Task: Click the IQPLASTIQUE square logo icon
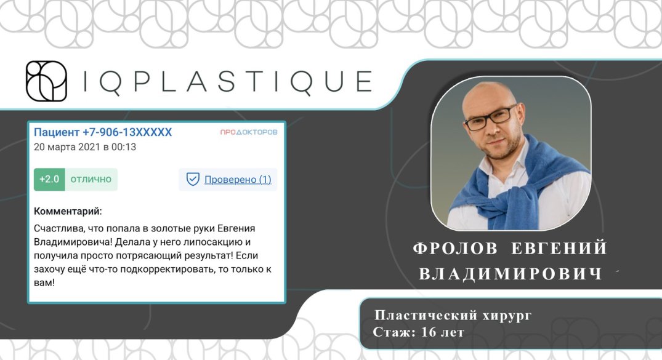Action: click(46, 81)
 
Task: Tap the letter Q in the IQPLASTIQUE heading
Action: click(111, 82)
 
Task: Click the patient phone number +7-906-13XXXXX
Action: click(127, 132)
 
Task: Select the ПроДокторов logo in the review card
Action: click(249, 132)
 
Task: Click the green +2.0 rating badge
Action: click(49, 179)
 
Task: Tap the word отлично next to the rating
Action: click(91, 179)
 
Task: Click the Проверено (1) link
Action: click(238, 179)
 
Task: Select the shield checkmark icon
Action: click(193, 179)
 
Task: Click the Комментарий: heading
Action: click(68, 211)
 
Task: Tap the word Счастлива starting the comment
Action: click(55, 229)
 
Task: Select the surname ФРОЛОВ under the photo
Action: click(455, 248)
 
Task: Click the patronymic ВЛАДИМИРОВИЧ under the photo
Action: click(511, 273)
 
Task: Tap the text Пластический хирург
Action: click(453, 315)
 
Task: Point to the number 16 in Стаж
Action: click(428, 332)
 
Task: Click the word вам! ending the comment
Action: click(44, 282)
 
